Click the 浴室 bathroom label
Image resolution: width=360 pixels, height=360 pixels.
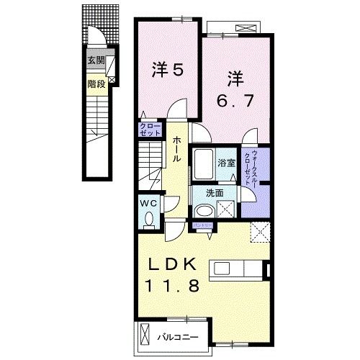(228, 163)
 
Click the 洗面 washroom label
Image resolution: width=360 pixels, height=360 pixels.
(214, 193)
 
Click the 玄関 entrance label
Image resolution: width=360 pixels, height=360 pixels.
(95, 61)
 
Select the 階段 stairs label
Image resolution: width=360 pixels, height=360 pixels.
(95, 84)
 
